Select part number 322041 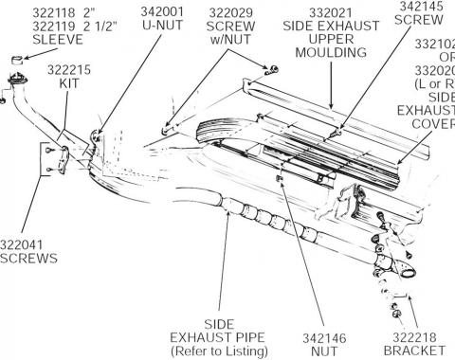pos(25,243)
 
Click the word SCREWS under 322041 pos(27,258)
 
